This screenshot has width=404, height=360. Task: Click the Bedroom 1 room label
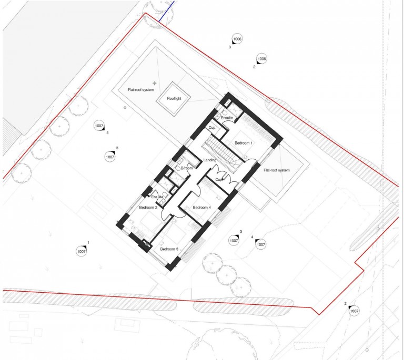[x=244, y=143]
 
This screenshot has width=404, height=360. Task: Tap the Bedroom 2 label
[x=148, y=208]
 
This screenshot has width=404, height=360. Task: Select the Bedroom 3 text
[x=169, y=249]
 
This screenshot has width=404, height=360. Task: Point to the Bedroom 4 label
[x=202, y=208]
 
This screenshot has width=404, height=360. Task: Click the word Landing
[x=210, y=160]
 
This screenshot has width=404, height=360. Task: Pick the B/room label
[x=187, y=168]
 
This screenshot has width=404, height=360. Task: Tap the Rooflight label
[x=174, y=98]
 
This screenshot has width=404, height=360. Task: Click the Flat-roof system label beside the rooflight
[x=141, y=90]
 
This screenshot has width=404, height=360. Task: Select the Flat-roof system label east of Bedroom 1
[x=277, y=170]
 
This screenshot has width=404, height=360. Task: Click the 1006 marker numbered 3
[x=237, y=39]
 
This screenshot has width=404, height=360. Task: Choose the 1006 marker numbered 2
[x=261, y=59]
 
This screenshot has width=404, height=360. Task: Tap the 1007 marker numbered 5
[x=99, y=126]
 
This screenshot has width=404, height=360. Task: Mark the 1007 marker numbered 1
[x=82, y=251]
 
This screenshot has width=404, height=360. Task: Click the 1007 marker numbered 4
[x=261, y=244]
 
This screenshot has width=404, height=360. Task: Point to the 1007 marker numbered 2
[x=354, y=311]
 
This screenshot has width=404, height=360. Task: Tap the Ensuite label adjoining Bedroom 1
[x=227, y=118]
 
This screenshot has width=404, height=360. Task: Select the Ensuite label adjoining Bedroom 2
[x=157, y=197]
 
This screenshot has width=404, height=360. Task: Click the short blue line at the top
[x=167, y=11]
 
